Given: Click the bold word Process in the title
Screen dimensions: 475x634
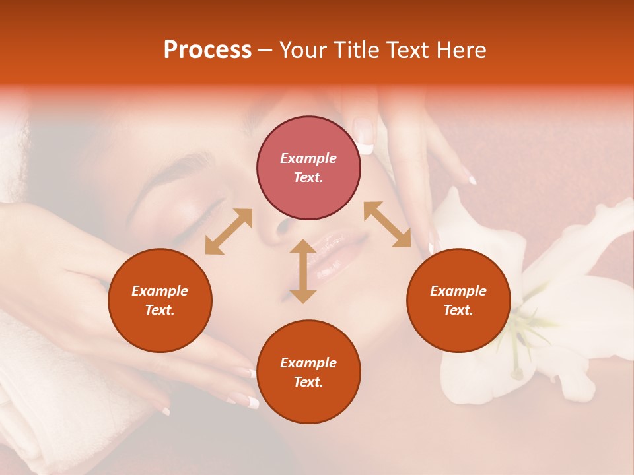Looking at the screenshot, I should click(x=207, y=50).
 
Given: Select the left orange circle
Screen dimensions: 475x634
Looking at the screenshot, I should click(x=160, y=300).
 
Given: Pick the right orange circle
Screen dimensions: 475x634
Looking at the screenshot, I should click(x=458, y=300).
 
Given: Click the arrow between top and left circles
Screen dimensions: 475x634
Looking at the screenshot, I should click(x=229, y=232).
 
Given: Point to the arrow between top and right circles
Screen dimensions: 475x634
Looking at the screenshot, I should click(x=387, y=224).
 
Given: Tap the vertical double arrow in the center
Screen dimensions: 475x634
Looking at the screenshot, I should click(x=303, y=271).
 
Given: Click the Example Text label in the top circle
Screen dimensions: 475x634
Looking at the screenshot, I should click(x=308, y=168).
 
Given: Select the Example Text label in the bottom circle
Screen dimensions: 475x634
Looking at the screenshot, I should click(x=308, y=372).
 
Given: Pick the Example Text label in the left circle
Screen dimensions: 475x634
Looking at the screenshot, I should click(x=160, y=300).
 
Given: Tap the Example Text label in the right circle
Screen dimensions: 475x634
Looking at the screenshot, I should click(x=458, y=300).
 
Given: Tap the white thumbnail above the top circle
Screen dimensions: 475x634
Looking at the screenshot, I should click(x=364, y=135).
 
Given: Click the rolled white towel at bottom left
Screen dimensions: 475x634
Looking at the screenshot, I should click(x=40, y=396).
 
